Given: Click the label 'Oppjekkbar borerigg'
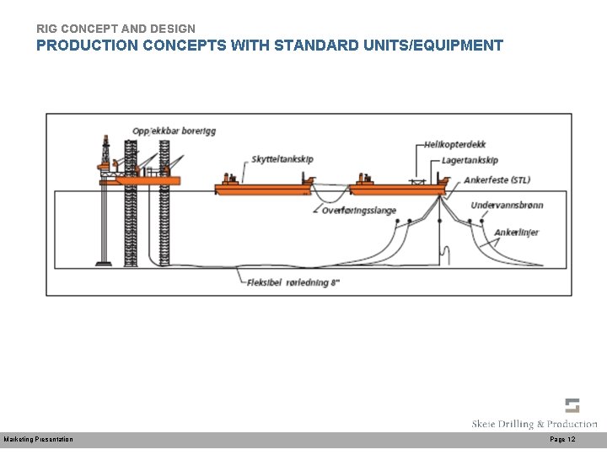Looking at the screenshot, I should click(x=174, y=131).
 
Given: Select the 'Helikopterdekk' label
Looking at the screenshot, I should click(x=455, y=146).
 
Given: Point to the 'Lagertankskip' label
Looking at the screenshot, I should click(x=470, y=160).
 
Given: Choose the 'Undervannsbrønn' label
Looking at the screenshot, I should click(x=507, y=205).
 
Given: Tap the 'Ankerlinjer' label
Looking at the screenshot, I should click(x=516, y=233).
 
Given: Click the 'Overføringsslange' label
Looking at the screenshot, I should click(x=359, y=211).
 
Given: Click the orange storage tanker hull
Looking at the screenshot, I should click(x=396, y=190).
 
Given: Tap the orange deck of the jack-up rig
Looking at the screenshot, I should click(x=148, y=179).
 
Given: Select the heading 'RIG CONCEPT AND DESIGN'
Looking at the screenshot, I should click(x=115, y=29).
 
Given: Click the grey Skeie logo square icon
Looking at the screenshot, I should click(x=572, y=405).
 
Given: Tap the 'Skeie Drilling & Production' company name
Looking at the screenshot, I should click(x=534, y=424).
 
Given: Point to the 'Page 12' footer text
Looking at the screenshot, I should click(x=562, y=440).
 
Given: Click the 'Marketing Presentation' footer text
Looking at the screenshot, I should click(x=39, y=440).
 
